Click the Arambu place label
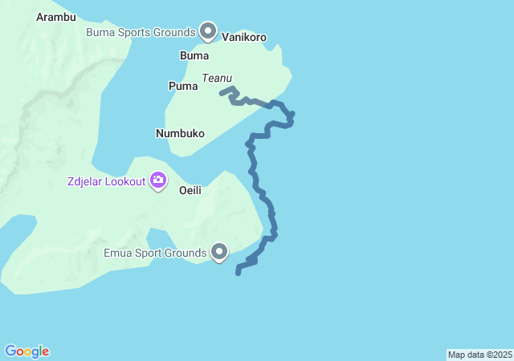coord(56,16)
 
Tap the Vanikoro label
coord(243,37)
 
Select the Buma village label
coord(194,55)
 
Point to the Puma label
coord(182,85)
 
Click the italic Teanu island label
coord(217,78)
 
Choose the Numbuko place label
coord(180,133)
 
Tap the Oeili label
coord(190,190)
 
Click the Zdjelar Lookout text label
coord(106,181)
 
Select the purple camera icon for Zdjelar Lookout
coord(158,180)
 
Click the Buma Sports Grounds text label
coord(141,32)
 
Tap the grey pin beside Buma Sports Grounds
coord(208,31)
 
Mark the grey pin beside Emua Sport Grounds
coord(219,252)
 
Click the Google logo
coord(27,351)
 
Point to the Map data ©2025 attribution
coord(479,355)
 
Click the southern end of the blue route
coord(238,273)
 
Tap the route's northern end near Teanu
coord(222,92)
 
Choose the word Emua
coord(119,254)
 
